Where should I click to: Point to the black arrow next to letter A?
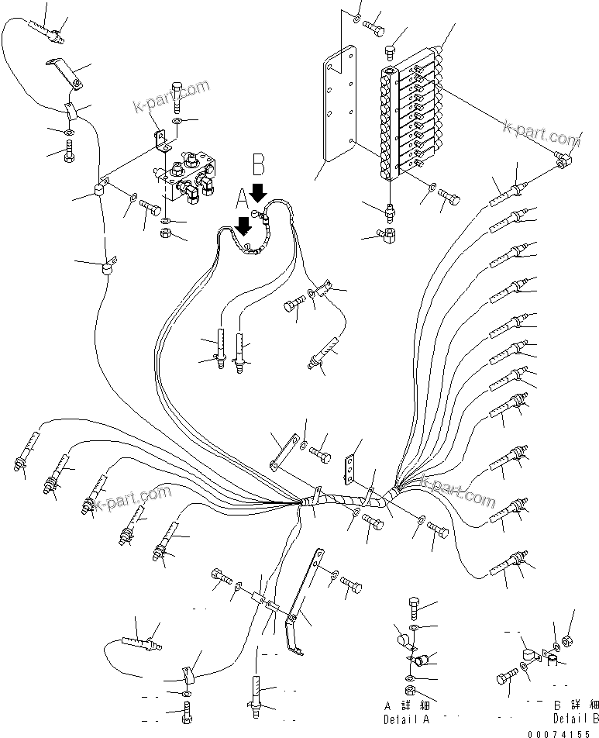point(244,226)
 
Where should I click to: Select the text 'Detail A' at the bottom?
point(404,714)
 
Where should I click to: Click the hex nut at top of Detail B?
point(566,640)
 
